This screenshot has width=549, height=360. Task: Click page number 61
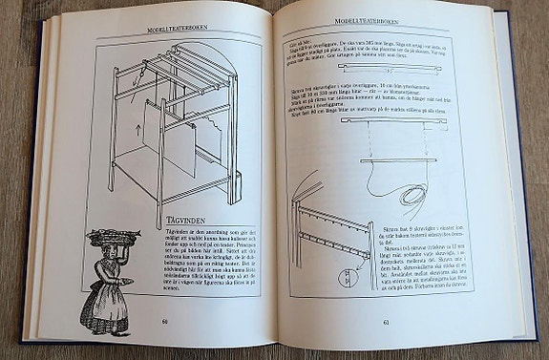pos(385,321)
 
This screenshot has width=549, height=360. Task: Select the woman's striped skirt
pos(105,307)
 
